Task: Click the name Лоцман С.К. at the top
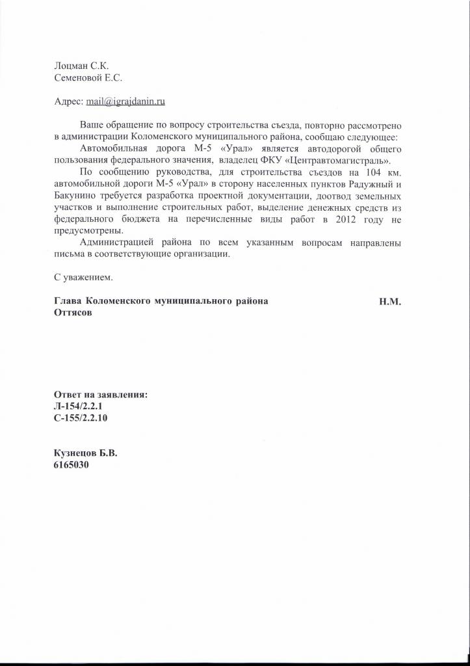(x=81, y=65)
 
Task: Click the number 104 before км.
(x=371, y=173)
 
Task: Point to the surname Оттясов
(x=72, y=313)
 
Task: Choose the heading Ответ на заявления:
(x=101, y=394)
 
